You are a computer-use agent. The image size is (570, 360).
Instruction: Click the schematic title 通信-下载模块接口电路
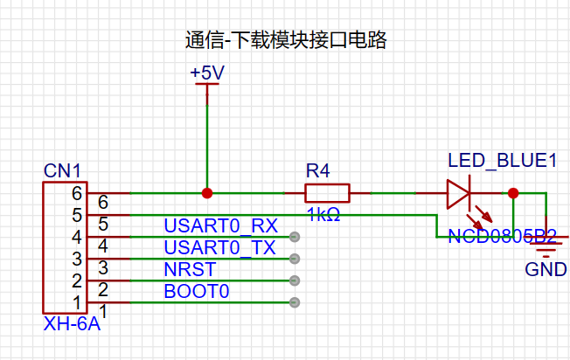(285, 40)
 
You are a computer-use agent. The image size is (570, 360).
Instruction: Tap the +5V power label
(207, 73)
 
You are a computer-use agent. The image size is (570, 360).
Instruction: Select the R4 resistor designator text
(318, 170)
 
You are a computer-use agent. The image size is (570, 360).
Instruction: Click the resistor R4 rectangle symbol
(327, 193)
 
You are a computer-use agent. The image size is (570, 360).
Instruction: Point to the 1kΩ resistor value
(323, 214)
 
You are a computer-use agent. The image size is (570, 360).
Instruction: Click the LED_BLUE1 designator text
(502, 161)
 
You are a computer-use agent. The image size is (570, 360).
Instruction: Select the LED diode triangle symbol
(458, 193)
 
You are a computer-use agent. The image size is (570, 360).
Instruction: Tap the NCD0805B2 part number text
(502, 236)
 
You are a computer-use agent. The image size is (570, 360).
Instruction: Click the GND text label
(546, 270)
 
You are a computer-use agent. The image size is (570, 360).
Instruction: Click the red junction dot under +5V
(207, 193)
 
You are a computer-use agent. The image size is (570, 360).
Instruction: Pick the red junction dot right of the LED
(513, 193)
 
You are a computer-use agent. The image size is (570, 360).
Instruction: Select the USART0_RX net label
(220, 225)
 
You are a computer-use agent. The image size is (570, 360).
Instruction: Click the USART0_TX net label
(219, 247)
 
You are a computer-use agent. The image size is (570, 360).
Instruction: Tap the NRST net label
(185, 269)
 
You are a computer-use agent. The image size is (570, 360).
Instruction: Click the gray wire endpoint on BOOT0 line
(295, 302)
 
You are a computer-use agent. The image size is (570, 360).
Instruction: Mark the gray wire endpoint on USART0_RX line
(295, 237)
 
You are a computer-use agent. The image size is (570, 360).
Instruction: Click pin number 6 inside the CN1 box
(77, 193)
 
